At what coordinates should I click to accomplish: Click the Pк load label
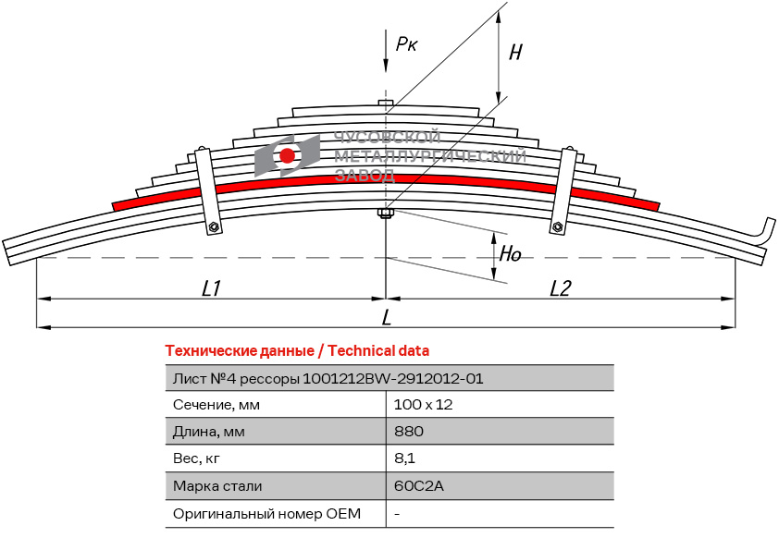tap(406, 43)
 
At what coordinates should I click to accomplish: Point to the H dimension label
tap(515, 53)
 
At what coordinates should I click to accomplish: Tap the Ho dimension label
tap(511, 253)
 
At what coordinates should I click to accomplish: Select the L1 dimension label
tap(211, 288)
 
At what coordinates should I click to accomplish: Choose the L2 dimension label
tap(560, 288)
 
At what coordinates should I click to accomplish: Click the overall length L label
tap(387, 317)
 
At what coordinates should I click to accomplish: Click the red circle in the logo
tap(288, 155)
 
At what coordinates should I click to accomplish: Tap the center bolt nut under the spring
tap(386, 214)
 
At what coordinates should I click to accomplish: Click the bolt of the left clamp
tap(214, 227)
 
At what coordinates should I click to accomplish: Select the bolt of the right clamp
tap(557, 227)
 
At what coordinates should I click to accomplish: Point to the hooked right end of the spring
tap(766, 231)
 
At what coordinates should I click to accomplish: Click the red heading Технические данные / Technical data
tap(297, 351)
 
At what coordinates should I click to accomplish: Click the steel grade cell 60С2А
tap(413, 486)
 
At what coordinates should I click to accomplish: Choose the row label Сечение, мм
tap(216, 405)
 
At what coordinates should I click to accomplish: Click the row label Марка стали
tap(217, 486)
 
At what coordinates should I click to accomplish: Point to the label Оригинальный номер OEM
tap(266, 513)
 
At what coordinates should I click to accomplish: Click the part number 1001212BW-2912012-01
tap(393, 378)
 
